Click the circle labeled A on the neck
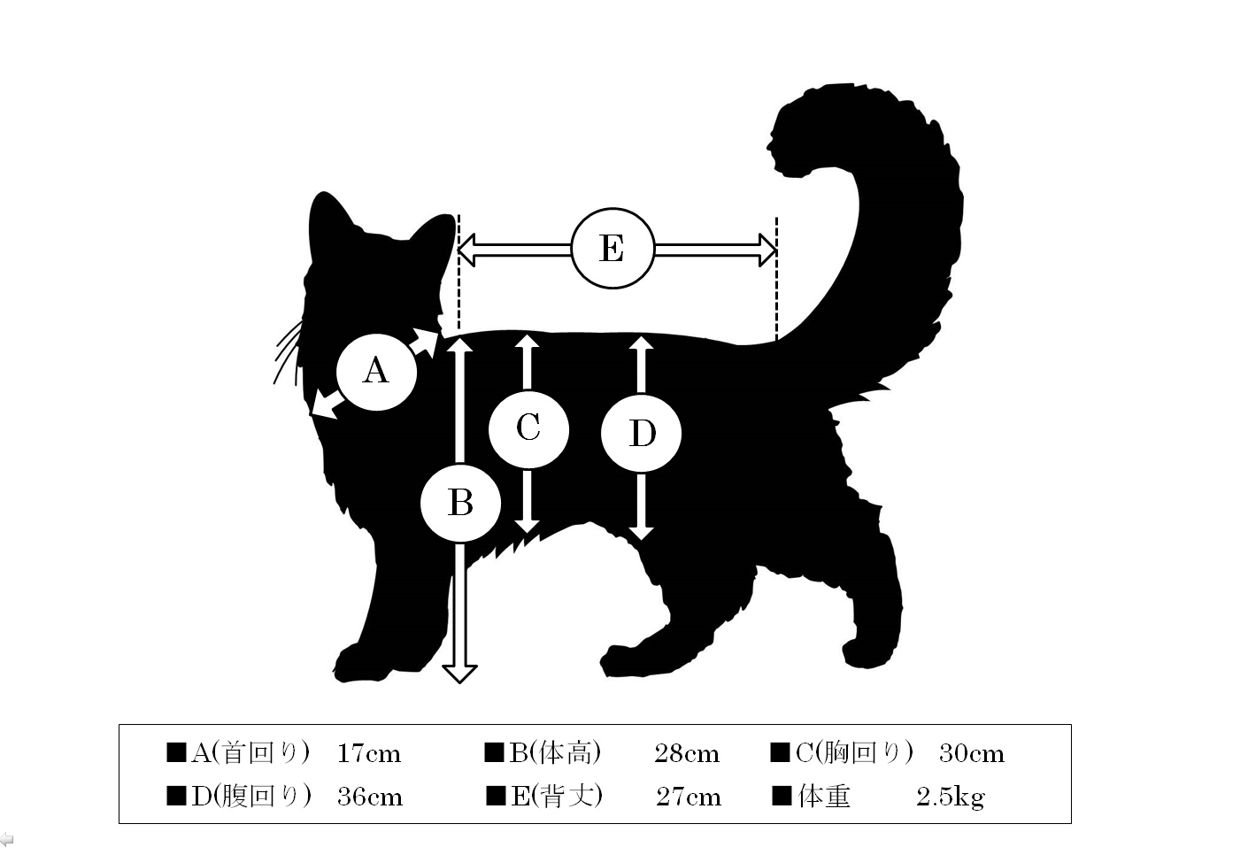pyautogui.click(x=377, y=372)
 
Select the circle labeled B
pyautogui.click(x=461, y=503)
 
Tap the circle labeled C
pyautogui.click(x=528, y=429)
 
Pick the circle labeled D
pyautogui.click(x=642, y=434)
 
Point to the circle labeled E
pyautogui.click(x=612, y=249)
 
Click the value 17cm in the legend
pyautogui.click(x=369, y=753)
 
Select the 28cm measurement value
pyautogui.click(x=687, y=753)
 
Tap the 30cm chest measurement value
pyautogui.click(x=972, y=753)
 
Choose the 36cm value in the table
pyautogui.click(x=370, y=797)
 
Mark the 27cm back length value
pyautogui.click(x=688, y=797)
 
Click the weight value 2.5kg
pyautogui.click(x=951, y=797)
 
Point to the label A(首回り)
pyautogui.click(x=250, y=753)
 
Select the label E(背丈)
pyautogui.click(x=557, y=797)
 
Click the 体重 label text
pyautogui.click(x=824, y=797)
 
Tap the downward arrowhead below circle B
pyautogui.click(x=459, y=674)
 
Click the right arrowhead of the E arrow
pyautogui.click(x=767, y=250)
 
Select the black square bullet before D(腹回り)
pyautogui.click(x=176, y=797)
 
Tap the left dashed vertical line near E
pyautogui.click(x=458, y=273)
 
